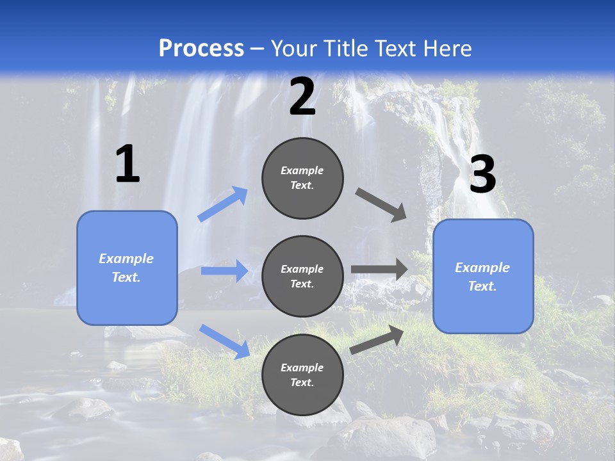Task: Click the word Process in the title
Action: click(x=201, y=49)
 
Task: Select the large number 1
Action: click(x=127, y=165)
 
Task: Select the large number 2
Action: click(x=302, y=97)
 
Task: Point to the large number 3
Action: click(x=482, y=175)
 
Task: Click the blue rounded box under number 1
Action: click(x=127, y=268)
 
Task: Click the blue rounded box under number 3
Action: click(x=483, y=277)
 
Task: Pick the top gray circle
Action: click(x=302, y=178)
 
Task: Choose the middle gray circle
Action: click(x=302, y=276)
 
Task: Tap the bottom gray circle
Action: click(x=302, y=375)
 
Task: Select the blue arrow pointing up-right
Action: click(x=223, y=204)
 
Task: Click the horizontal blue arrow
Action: click(x=224, y=271)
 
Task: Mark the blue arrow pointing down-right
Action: click(x=224, y=341)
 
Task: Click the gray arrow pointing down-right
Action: click(x=381, y=204)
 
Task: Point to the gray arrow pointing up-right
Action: click(x=377, y=339)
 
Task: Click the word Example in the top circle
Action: click(x=302, y=170)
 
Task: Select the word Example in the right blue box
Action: click(x=482, y=268)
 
